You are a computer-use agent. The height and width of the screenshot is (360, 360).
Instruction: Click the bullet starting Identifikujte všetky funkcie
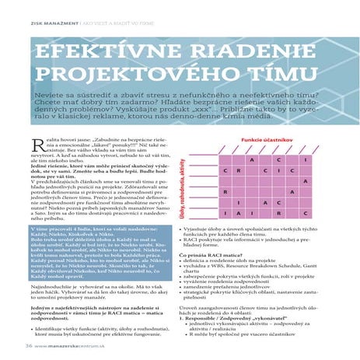pos(82,330)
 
